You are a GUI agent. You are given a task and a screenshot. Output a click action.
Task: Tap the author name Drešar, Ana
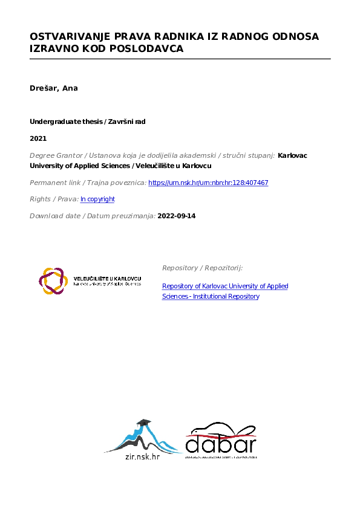[x=54, y=88]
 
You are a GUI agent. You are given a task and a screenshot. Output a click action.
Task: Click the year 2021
[x=38, y=138]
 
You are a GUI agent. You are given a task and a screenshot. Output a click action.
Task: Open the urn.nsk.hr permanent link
[x=208, y=183]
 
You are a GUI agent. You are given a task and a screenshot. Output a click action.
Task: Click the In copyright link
[x=97, y=199]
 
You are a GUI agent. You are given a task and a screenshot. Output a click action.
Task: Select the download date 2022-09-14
[x=177, y=215]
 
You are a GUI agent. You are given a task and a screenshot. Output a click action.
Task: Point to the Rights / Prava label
[x=53, y=199]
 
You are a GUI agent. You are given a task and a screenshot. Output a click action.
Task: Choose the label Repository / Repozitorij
[x=202, y=267]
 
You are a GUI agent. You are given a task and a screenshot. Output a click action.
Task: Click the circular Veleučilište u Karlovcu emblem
[x=52, y=280]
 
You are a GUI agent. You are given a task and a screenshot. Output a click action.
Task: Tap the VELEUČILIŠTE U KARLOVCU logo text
[x=107, y=279]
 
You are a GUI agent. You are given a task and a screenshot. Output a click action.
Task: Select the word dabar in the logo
[x=221, y=445]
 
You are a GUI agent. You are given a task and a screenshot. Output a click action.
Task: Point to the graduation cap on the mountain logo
[x=143, y=423]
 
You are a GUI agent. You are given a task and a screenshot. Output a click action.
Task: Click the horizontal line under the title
[x=180, y=59]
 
